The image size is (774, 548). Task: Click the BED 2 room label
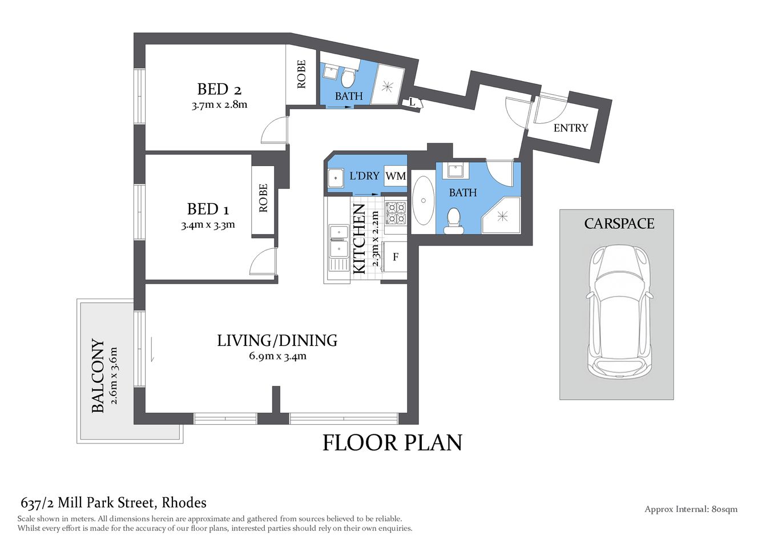(x=219, y=90)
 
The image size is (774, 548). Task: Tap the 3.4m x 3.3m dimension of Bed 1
(x=208, y=225)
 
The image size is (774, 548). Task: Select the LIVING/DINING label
(x=277, y=341)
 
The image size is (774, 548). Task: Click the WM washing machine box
(x=396, y=176)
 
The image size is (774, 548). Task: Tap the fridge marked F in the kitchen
(x=396, y=257)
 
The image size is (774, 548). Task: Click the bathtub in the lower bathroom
(x=423, y=200)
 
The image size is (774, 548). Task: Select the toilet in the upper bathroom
(x=348, y=76)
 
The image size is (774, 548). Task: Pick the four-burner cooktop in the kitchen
(x=395, y=213)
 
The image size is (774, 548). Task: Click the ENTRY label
(x=570, y=128)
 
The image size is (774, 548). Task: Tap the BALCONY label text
(x=98, y=376)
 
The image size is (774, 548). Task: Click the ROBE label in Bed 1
(x=263, y=198)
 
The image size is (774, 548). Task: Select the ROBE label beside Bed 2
(x=301, y=74)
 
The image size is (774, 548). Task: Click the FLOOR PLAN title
(x=392, y=443)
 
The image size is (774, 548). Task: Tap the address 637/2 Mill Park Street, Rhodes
(x=114, y=503)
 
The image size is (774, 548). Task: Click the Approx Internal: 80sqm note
(x=691, y=509)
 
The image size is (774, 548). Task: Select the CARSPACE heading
(x=619, y=224)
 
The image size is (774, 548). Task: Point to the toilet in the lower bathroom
(x=453, y=221)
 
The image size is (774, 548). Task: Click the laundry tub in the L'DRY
(x=335, y=178)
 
